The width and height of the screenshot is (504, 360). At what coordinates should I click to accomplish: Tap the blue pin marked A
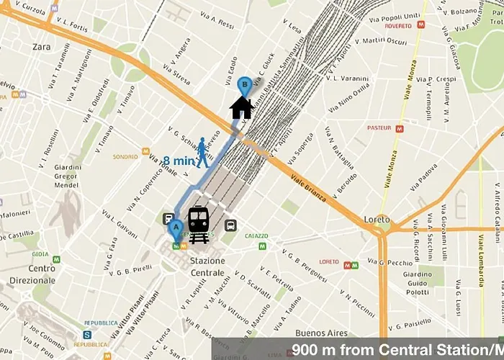click(175, 230)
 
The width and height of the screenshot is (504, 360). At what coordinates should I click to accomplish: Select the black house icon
click(242, 107)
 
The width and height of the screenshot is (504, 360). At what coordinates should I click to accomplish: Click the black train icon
click(199, 225)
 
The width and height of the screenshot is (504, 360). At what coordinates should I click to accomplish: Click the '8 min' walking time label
click(178, 161)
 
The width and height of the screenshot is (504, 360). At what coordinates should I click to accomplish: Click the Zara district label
click(42, 47)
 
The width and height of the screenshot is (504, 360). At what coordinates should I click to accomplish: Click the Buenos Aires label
click(320, 333)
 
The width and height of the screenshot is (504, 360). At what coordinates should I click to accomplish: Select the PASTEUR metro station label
click(378, 127)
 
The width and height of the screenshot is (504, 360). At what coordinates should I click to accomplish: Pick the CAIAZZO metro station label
click(256, 235)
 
